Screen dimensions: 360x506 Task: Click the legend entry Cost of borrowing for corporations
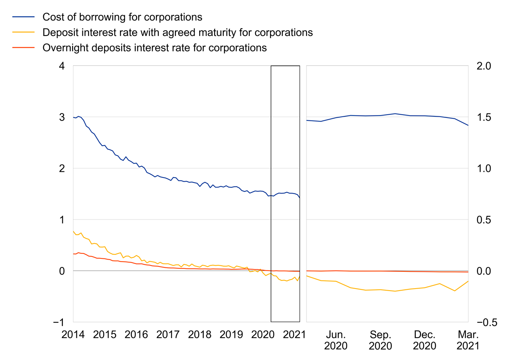pyautogui.click(x=122, y=17)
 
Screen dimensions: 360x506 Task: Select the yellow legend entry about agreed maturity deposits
pyautogui.click(x=178, y=32)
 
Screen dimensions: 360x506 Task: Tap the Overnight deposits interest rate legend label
pyautogui.click(x=154, y=48)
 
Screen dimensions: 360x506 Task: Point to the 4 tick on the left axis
pyautogui.click(x=63, y=66)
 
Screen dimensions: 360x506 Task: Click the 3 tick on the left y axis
pyautogui.click(x=63, y=117)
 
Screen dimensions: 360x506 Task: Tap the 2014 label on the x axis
pyautogui.click(x=73, y=335)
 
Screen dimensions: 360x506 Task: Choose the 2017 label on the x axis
pyautogui.click(x=168, y=335)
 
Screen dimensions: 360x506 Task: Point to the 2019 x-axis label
pyautogui.click(x=231, y=335)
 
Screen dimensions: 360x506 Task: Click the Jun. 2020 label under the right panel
pyautogui.click(x=336, y=340)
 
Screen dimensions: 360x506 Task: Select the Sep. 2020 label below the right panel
pyautogui.click(x=380, y=340)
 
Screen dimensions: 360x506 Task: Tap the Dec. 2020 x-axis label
pyautogui.click(x=424, y=340)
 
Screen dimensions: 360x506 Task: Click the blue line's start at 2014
pyautogui.click(x=73, y=118)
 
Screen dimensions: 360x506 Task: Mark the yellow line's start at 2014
pyautogui.click(x=73, y=231)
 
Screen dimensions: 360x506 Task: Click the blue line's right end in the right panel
pyautogui.click(x=468, y=125)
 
